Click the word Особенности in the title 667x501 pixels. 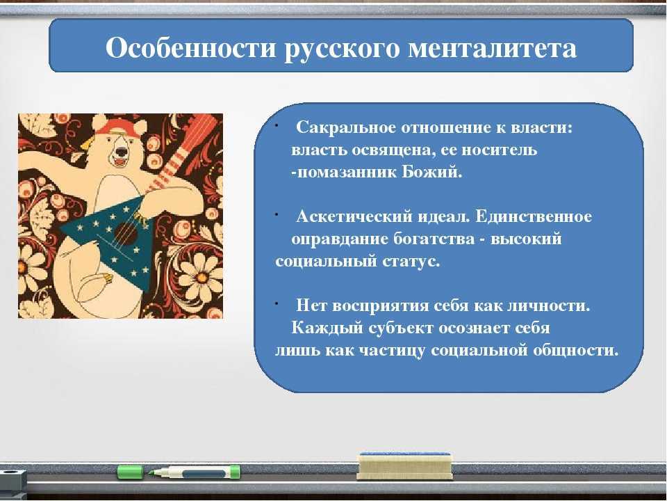pyautogui.click(x=190, y=48)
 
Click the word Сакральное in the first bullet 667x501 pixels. pyautogui.click(x=345, y=128)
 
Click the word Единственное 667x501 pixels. pyautogui.click(x=533, y=216)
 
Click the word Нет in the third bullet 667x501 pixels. pyautogui.click(x=311, y=305)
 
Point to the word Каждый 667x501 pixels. pyautogui.click(x=327, y=328)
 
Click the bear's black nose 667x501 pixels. pyautogui.click(x=122, y=151)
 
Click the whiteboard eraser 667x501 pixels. pyautogui.click(x=404, y=466)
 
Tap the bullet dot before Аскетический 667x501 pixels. pyautogui.click(x=277, y=216)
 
